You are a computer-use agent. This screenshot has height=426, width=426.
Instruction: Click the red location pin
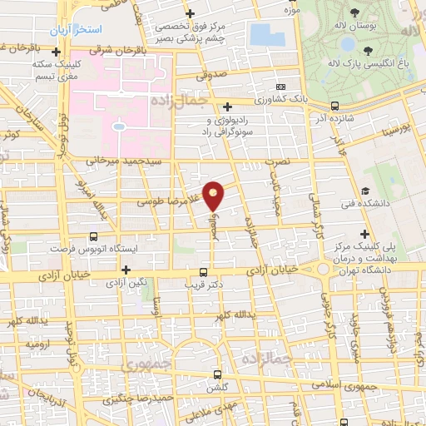click(215, 195)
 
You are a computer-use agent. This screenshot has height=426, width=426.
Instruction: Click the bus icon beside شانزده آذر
click(334, 106)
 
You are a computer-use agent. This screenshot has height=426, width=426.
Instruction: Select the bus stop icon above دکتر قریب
click(205, 271)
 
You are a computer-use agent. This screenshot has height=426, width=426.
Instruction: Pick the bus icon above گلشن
click(218, 374)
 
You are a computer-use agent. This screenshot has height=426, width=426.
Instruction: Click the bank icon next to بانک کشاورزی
click(280, 87)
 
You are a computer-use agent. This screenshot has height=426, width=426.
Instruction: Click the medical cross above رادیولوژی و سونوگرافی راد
click(227, 106)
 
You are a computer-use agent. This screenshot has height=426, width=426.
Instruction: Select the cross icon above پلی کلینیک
click(364, 235)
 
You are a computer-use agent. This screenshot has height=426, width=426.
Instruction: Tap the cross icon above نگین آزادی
click(126, 270)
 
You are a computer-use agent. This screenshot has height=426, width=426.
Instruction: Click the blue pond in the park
click(266, 35)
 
